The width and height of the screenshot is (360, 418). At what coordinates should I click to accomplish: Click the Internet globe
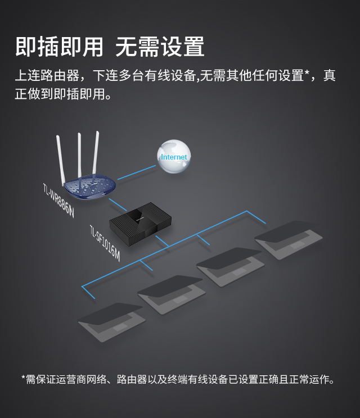(x=173, y=156)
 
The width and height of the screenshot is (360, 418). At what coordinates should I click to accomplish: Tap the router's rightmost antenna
(x=96, y=155)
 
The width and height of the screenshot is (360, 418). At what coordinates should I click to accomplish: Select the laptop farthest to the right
(x=289, y=238)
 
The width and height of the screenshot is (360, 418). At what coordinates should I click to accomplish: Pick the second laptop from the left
(x=172, y=293)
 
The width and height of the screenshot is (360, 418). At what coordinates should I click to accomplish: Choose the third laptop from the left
(x=230, y=265)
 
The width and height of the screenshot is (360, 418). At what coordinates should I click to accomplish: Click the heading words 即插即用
(x=59, y=47)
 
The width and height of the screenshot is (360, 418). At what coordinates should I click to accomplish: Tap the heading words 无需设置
(x=160, y=47)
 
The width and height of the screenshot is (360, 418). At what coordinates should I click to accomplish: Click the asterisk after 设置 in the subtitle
(x=307, y=74)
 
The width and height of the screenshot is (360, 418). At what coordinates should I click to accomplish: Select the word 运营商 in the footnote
(x=71, y=380)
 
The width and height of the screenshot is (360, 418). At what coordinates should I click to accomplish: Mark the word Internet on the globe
(x=173, y=157)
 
